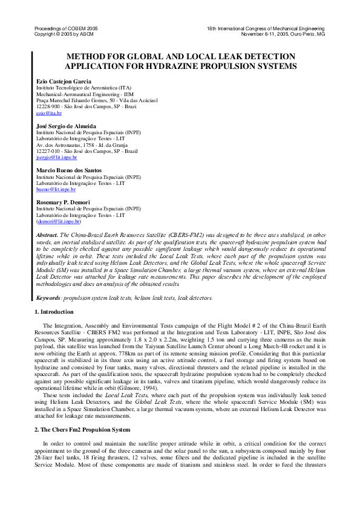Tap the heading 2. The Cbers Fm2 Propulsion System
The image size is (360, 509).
(x=82, y=412)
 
